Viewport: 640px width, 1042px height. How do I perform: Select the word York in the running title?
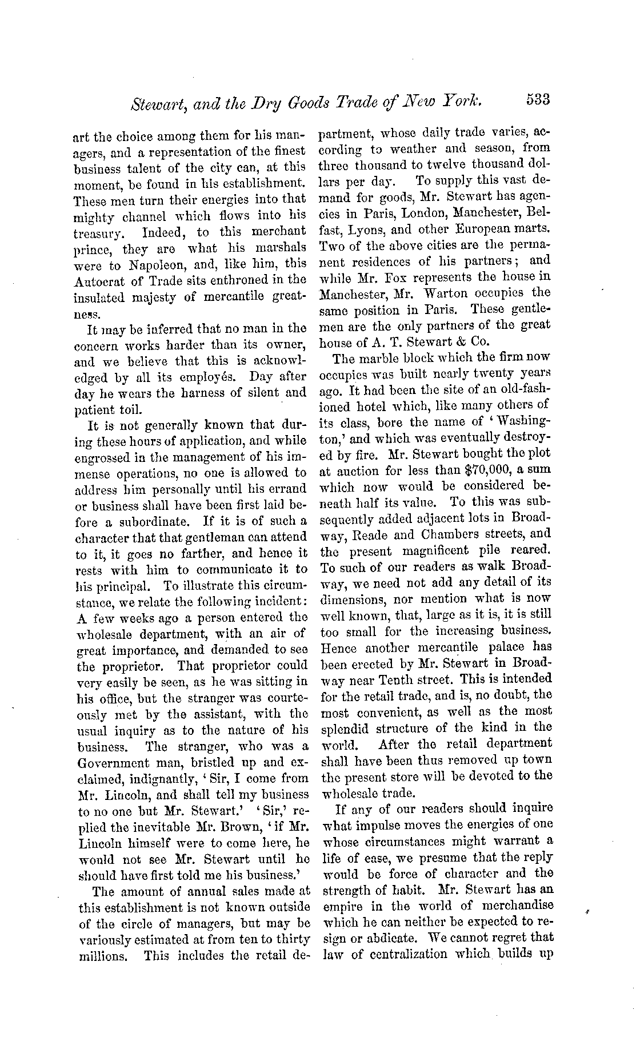pos(463,102)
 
